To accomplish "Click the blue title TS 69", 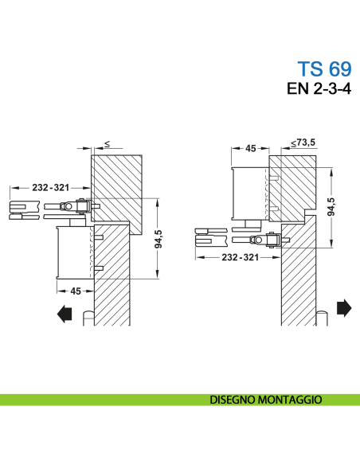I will pyautogui.click(x=323, y=69).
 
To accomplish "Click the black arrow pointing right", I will pyautogui.click(x=344, y=307).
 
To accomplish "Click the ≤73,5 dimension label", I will pyautogui.click(x=303, y=143).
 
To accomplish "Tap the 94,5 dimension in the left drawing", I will pyautogui.click(x=158, y=239).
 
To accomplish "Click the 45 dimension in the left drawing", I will pyautogui.click(x=76, y=291).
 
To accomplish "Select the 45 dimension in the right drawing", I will pyautogui.click(x=250, y=148).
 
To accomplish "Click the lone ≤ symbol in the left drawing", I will pyautogui.click(x=107, y=143).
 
